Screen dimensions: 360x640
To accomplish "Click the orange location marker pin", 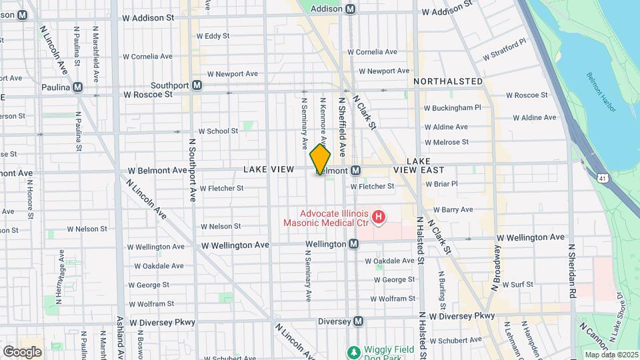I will (x=320, y=160).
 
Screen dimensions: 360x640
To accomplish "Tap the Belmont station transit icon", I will (x=356, y=171).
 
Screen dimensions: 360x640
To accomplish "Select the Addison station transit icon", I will (x=351, y=9).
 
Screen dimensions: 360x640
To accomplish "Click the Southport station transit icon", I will (x=197, y=85).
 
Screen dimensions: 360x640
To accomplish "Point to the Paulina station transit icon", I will (x=78, y=87).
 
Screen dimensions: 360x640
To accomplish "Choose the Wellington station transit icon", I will (x=354, y=244).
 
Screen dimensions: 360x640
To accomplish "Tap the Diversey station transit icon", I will (x=358, y=321).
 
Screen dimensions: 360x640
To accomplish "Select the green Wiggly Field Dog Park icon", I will (x=353, y=351).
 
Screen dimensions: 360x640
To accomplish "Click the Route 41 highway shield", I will (x=603, y=178).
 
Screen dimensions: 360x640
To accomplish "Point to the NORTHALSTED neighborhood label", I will (x=448, y=81).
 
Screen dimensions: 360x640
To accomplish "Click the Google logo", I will (x=22, y=351).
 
